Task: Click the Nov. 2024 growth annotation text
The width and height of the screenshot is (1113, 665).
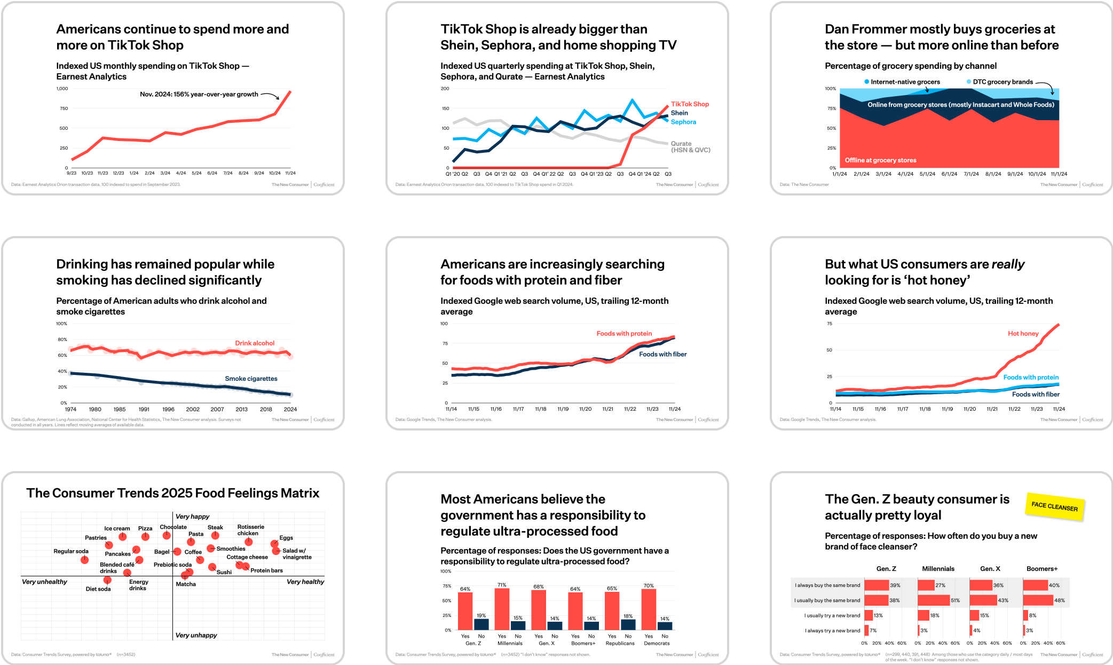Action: click(x=199, y=95)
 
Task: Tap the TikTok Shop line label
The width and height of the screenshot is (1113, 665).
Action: click(x=690, y=104)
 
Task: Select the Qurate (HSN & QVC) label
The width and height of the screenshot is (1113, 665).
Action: click(x=690, y=147)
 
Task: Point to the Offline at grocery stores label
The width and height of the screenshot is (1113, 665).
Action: click(x=880, y=160)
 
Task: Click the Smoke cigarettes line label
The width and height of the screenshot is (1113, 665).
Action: click(x=251, y=379)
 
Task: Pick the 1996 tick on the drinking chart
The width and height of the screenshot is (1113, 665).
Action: click(x=168, y=409)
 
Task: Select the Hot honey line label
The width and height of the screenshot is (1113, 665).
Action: click(x=1023, y=333)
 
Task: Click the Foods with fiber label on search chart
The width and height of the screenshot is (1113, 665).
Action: click(x=662, y=354)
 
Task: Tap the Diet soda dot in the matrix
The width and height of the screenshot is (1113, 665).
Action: click(x=107, y=580)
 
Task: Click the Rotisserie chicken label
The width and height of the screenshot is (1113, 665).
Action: click(x=250, y=530)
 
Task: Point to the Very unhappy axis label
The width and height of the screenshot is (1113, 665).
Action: click(x=196, y=635)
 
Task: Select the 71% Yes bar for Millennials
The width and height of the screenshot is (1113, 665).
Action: click(x=502, y=609)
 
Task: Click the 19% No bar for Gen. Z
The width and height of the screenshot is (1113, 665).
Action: click(x=481, y=624)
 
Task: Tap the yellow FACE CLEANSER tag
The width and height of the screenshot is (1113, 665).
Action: click(x=1054, y=506)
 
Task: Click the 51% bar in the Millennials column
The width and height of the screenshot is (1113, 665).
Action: click(x=933, y=600)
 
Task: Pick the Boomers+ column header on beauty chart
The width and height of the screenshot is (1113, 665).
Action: click(x=1041, y=568)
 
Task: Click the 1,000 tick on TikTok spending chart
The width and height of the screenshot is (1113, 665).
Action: click(x=62, y=89)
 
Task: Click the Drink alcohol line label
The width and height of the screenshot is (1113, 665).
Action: click(x=255, y=343)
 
